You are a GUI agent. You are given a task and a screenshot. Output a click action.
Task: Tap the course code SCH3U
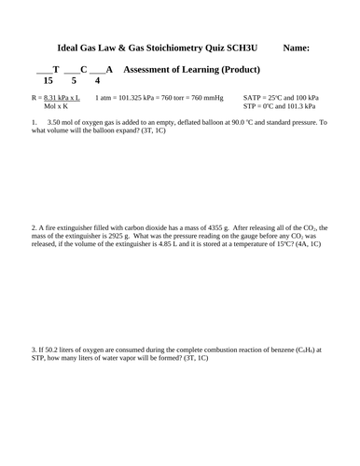tap(241, 47)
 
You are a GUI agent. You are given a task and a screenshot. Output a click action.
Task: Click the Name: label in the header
tap(297, 47)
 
